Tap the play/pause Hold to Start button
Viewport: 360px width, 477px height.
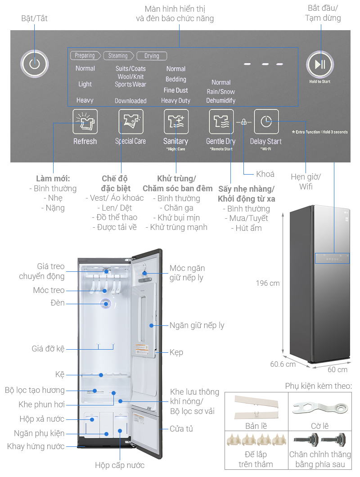(320, 64)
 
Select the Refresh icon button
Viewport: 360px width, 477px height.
(85, 121)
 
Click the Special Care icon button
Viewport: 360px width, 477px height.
(130, 121)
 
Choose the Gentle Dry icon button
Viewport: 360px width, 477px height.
(221, 121)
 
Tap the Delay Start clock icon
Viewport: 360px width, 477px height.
(266, 121)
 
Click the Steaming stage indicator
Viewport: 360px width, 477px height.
(118, 56)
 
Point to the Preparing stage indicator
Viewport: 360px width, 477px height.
(85, 56)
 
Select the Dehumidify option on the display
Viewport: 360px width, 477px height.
(221, 101)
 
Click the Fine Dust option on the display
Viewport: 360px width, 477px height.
(175, 90)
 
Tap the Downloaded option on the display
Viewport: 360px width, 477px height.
(130, 101)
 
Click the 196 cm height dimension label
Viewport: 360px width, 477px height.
(268, 283)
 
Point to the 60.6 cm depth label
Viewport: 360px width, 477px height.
(283, 364)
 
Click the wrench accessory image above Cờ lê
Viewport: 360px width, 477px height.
(319, 408)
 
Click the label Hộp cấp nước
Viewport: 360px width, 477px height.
(120, 465)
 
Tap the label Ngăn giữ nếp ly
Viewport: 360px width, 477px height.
(197, 325)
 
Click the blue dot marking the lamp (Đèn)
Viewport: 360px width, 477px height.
(107, 304)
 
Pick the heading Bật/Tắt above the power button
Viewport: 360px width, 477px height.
(35, 18)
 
